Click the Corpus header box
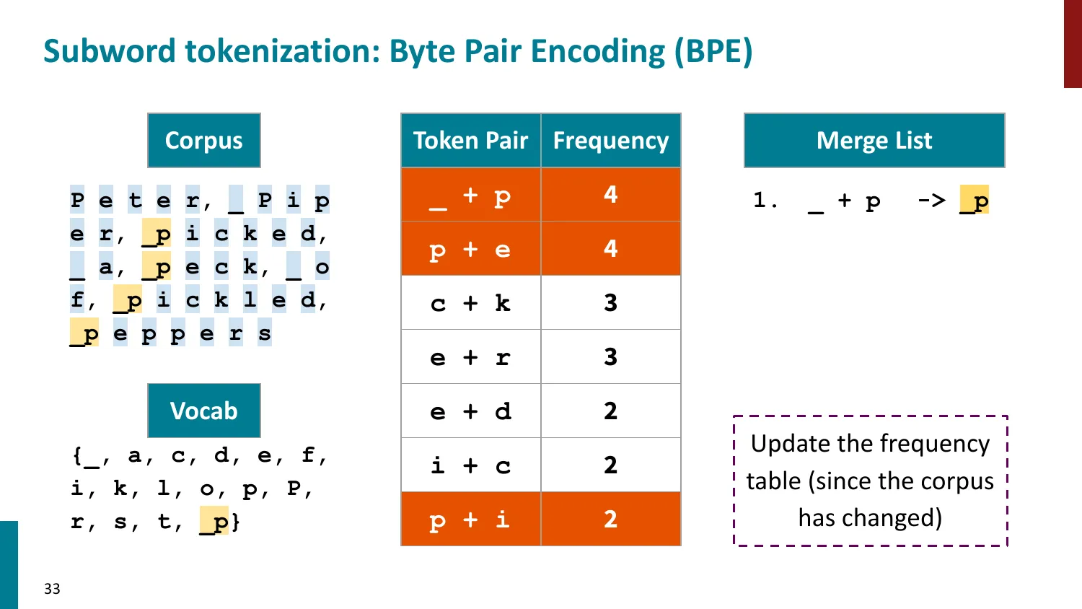click(x=203, y=140)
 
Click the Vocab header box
click(x=203, y=411)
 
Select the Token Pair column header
click(x=470, y=140)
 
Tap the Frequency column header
click(x=610, y=140)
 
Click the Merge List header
click(x=874, y=140)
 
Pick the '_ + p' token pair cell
click(x=470, y=195)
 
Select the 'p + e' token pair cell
click(x=470, y=249)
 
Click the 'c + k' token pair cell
click(x=470, y=303)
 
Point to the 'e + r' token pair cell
click(x=470, y=357)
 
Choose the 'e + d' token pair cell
click(x=470, y=411)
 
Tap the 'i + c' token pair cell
click(x=470, y=465)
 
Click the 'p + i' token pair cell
click(x=470, y=520)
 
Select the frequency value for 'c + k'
click(x=610, y=303)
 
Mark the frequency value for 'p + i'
click(x=610, y=520)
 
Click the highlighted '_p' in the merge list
click(x=974, y=201)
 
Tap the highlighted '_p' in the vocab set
click(x=214, y=521)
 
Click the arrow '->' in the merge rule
click(x=931, y=200)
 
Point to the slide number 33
click(x=52, y=589)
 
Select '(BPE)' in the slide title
click(x=713, y=51)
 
